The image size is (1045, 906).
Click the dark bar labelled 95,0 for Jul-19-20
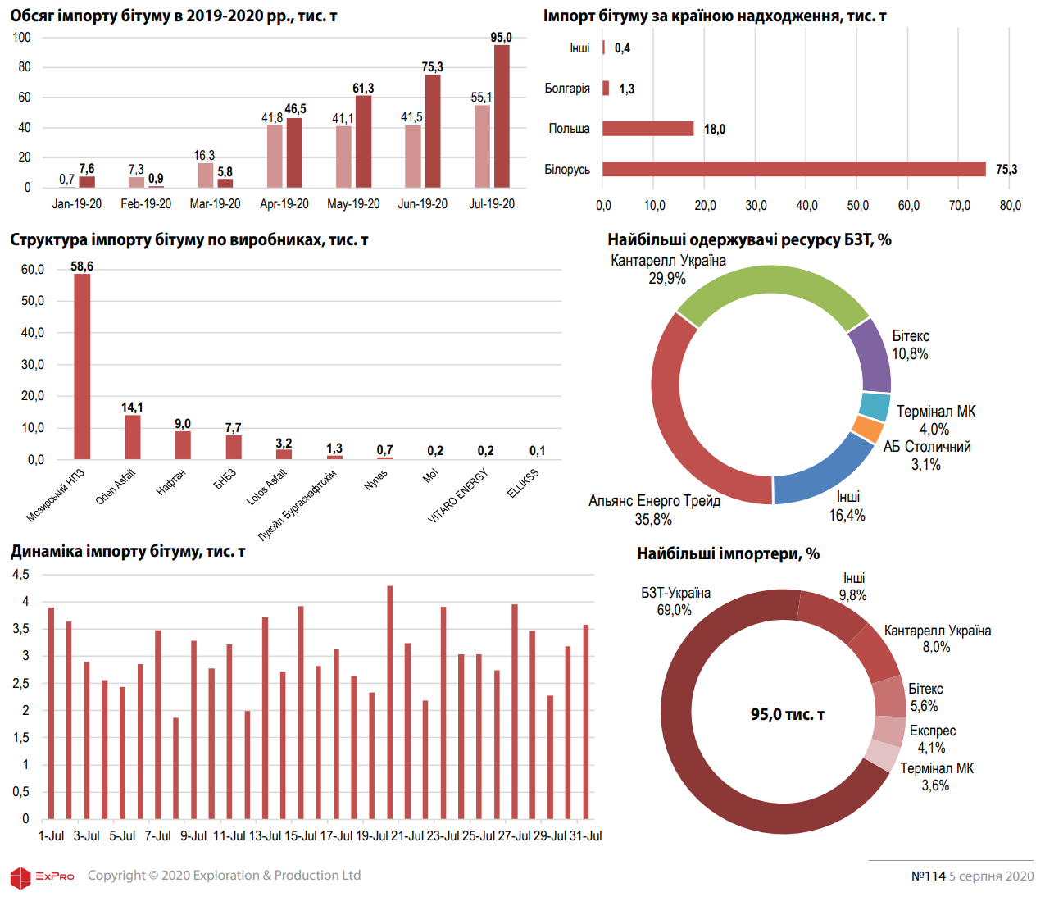pyautogui.click(x=502, y=116)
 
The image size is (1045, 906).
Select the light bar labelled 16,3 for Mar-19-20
pyautogui.click(x=205, y=175)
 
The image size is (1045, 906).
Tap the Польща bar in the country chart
pyautogui.click(x=647, y=129)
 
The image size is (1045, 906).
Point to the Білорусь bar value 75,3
pyautogui.click(x=1006, y=170)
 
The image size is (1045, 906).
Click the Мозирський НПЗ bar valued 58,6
pyautogui.click(x=82, y=366)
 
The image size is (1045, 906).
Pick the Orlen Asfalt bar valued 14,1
pyautogui.click(x=132, y=437)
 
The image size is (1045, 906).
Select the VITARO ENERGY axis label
pyautogui.click(x=458, y=495)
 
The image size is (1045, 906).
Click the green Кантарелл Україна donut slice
pyautogui.click(x=770, y=291)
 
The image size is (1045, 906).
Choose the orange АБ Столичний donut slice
pyautogui.click(x=868, y=429)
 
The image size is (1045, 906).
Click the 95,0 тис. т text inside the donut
pyautogui.click(x=787, y=715)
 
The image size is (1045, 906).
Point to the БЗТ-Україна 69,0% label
pyautogui.click(x=675, y=601)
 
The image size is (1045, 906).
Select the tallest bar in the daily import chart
pyautogui.click(x=390, y=702)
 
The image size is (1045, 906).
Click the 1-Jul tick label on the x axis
pyautogui.click(x=51, y=836)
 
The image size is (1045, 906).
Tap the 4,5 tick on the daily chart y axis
pyautogui.click(x=20, y=575)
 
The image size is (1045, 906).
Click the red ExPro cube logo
pyautogui.click(x=20, y=877)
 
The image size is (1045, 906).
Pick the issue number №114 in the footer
pyautogui.click(x=928, y=876)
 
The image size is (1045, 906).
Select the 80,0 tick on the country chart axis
pyautogui.click(x=1010, y=206)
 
